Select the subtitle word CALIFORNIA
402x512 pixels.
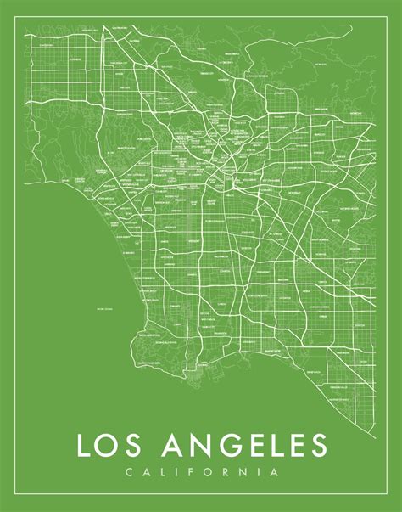pyautogui.click(x=201, y=471)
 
